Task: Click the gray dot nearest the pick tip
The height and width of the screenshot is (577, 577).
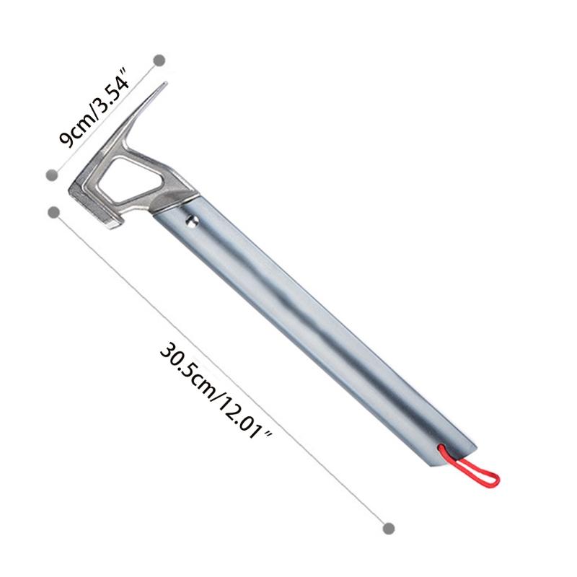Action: point(159,61)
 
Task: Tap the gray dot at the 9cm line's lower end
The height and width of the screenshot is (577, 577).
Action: point(51,174)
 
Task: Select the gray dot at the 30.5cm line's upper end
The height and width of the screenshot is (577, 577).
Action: point(53,211)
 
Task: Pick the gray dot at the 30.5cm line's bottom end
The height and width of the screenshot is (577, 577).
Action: point(389,529)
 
